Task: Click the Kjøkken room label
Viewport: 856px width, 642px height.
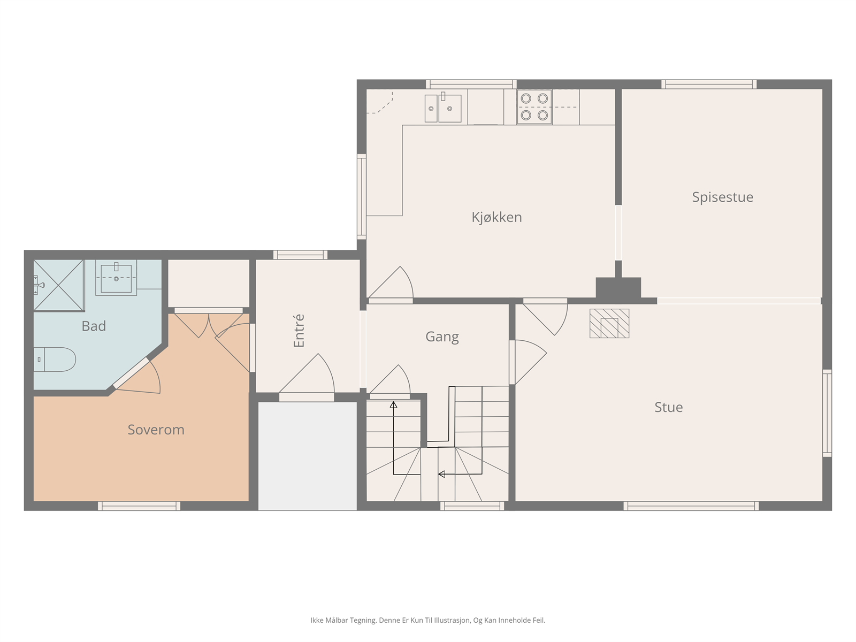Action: point(496,218)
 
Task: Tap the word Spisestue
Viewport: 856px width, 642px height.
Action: point(722,197)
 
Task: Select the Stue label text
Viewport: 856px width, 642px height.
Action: point(668,407)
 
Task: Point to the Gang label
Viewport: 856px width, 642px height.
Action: point(442,337)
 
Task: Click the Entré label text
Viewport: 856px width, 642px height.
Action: point(299,331)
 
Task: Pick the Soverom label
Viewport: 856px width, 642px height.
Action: point(156,430)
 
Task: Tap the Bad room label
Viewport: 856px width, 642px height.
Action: point(94,326)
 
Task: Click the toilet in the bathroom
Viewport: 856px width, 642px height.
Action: point(55,360)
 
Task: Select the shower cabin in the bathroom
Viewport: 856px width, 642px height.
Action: point(59,285)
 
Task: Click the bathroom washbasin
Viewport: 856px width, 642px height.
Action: point(116,278)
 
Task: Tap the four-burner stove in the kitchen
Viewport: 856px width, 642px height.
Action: point(534,107)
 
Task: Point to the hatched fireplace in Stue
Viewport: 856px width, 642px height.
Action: point(609,324)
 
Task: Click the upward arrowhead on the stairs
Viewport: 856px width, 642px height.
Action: point(393,405)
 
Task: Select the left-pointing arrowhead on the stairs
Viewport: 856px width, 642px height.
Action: point(441,474)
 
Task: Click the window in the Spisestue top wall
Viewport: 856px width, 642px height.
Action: point(709,84)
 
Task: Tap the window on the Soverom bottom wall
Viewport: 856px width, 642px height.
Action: point(139,506)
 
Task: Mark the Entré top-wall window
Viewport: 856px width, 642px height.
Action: point(300,255)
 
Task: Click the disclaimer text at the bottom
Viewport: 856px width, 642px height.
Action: point(428,620)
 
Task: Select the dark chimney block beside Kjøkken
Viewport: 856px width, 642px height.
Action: point(618,288)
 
